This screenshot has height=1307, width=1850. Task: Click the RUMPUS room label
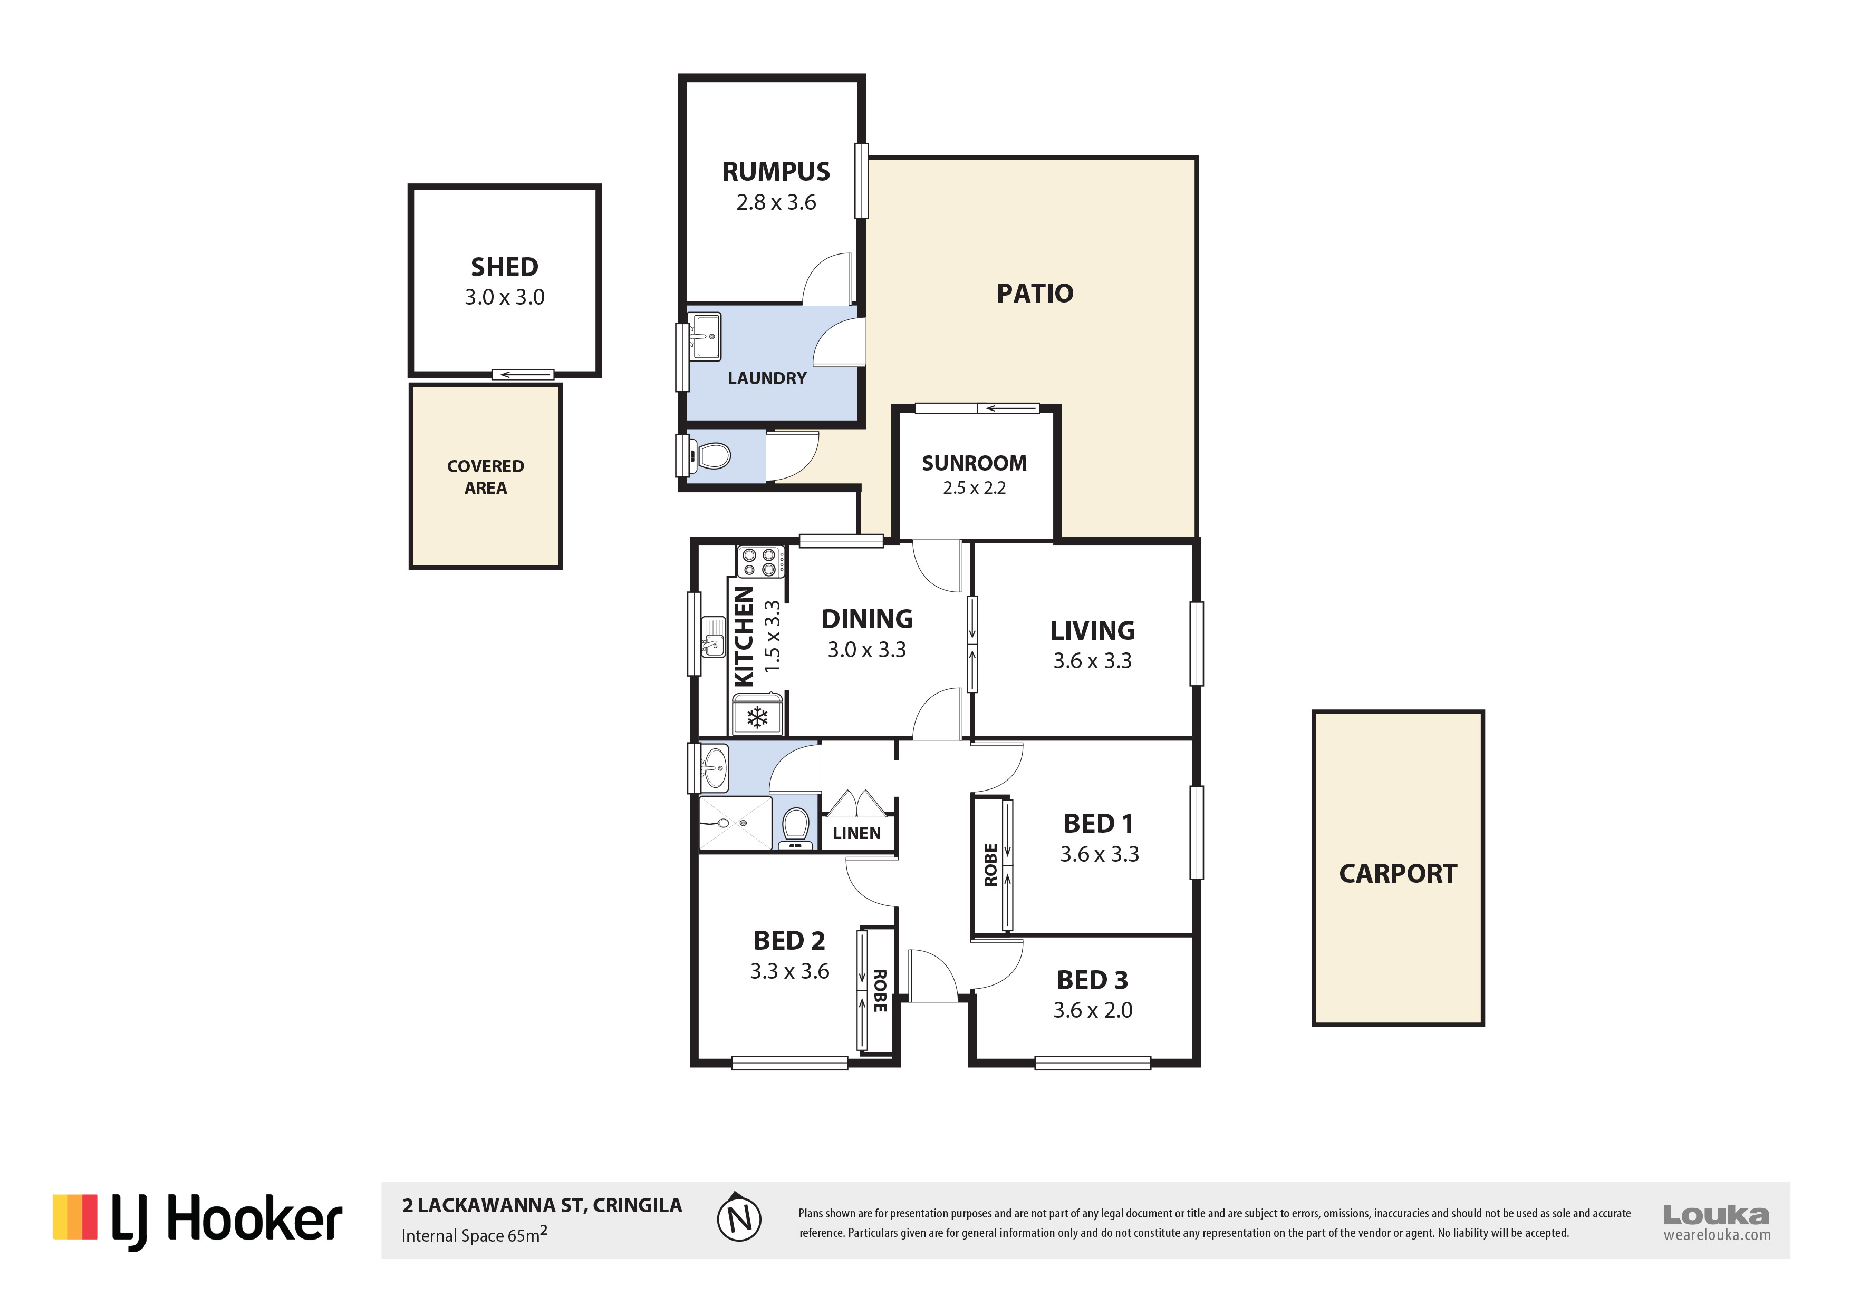pyautogui.click(x=775, y=171)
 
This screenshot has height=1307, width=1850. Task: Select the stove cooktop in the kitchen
pyautogui.click(x=760, y=561)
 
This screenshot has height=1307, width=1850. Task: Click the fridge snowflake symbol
pyautogui.click(x=757, y=717)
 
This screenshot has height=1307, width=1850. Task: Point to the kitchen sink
pyautogui.click(x=713, y=636)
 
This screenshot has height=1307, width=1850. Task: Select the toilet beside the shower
pyautogui.click(x=795, y=828)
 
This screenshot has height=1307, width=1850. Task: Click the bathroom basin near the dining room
pyautogui.click(x=714, y=767)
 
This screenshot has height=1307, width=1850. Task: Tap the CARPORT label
pyautogui.click(x=1398, y=874)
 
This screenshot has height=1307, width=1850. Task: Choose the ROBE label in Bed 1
pyautogui.click(x=991, y=865)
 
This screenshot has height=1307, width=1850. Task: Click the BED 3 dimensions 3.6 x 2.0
pyautogui.click(x=1093, y=1010)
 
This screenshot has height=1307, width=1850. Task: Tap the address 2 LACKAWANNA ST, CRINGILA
pyautogui.click(x=542, y=1205)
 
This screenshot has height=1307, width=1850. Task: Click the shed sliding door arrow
pyautogui.click(x=522, y=375)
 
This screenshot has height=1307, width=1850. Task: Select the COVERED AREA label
pyautogui.click(x=485, y=477)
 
